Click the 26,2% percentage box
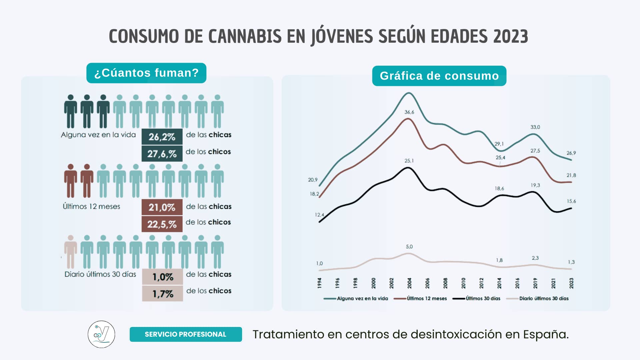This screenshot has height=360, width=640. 162,137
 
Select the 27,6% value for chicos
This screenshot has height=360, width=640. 162,154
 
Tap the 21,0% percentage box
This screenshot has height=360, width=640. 162,207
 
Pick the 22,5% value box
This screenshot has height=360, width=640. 162,224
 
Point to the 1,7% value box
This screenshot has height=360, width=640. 163,294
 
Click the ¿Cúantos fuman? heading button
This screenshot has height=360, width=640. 146,73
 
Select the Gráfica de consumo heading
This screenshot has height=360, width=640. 439,76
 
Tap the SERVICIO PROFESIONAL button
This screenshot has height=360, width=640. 186,334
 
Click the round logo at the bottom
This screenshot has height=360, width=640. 101,334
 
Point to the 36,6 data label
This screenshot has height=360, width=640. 409,112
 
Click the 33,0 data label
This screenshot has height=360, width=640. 535,127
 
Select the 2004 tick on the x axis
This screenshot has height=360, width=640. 409,283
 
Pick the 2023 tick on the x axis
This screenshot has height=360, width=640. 571,283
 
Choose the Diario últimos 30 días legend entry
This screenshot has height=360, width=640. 544,299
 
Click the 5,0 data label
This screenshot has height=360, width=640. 409,247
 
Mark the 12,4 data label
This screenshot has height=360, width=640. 319,215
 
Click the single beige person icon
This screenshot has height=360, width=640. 71,252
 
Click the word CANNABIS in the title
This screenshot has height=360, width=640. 245,36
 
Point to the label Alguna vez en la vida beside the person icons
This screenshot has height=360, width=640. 98,135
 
